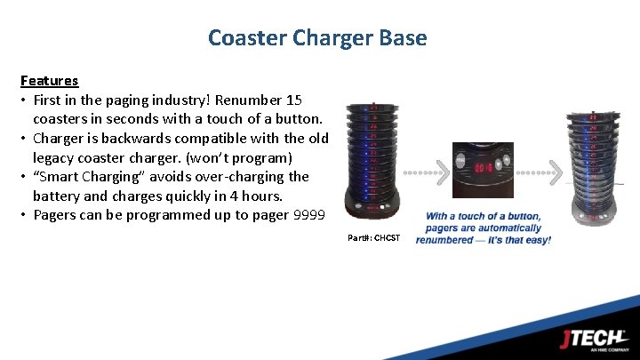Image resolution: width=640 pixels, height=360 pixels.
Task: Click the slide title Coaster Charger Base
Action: tap(317, 38)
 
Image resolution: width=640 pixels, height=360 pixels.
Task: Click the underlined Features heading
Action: tap(49, 81)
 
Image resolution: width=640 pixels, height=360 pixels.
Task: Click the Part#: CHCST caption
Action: tap(374, 237)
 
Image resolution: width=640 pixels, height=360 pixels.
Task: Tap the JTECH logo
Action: tap(593, 339)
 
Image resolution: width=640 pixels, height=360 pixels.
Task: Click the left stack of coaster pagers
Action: tap(374, 156)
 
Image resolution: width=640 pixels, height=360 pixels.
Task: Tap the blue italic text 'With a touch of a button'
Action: tap(483, 216)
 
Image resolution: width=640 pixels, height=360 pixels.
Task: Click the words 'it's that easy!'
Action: tap(517, 240)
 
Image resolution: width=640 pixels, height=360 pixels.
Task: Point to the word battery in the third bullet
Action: tap(58, 196)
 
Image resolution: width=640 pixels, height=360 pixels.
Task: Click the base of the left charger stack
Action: tap(374, 214)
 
